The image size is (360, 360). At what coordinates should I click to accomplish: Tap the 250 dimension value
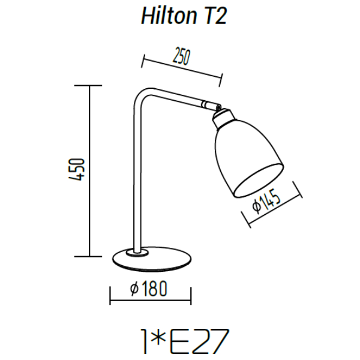(x=181, y=58)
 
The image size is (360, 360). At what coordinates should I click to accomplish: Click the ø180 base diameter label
(x=148, y=289)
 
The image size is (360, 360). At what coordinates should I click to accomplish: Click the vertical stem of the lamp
(x=137, y=180)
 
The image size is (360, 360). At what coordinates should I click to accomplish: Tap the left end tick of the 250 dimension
(x=144, y=61)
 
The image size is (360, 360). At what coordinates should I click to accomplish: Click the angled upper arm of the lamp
(x=177, y=98)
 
